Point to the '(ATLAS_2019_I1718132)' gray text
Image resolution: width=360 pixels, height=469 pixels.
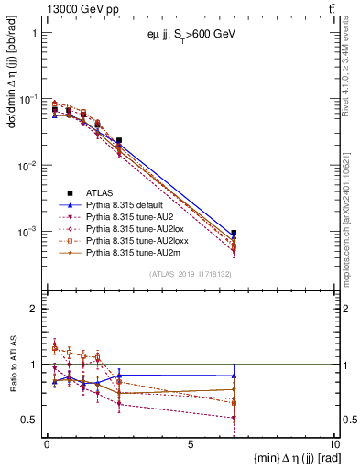pyautogui.click(x=190, y=274)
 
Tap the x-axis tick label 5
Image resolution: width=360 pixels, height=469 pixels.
pyautogui.click(x=191, y=443)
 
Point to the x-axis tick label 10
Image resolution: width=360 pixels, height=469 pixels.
pyautogui.click(x=333, y=443)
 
